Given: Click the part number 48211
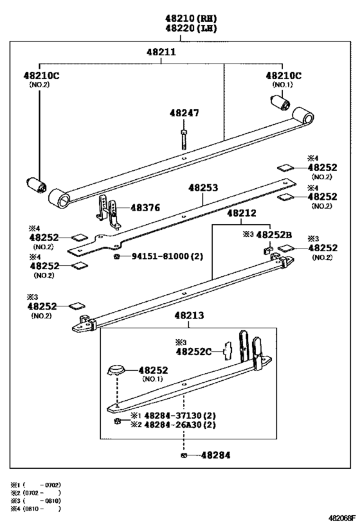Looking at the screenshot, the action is [161, 52].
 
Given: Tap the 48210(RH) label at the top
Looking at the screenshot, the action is [191, 19].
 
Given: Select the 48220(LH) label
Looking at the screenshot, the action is [191, 28].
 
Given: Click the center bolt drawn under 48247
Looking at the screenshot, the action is [184, 139].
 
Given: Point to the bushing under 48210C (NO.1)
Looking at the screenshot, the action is [280, 102].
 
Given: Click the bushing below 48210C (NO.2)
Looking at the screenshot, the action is [37, 185].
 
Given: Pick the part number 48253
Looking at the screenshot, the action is [203, 188].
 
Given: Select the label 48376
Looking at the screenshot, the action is [145, 207].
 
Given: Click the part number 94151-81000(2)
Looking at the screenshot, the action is [167, 256].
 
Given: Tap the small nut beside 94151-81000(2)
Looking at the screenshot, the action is [117, 257].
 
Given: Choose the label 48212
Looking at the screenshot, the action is [242, 213].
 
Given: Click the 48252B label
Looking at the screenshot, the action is [274, 234].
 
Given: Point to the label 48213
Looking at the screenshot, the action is [189, 315].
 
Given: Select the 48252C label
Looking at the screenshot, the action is [194, 351].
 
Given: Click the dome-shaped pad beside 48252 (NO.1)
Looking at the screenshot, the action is [116, 370].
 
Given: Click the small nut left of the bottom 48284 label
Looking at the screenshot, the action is [183, 455].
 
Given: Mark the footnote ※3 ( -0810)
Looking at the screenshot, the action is [35, 501].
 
